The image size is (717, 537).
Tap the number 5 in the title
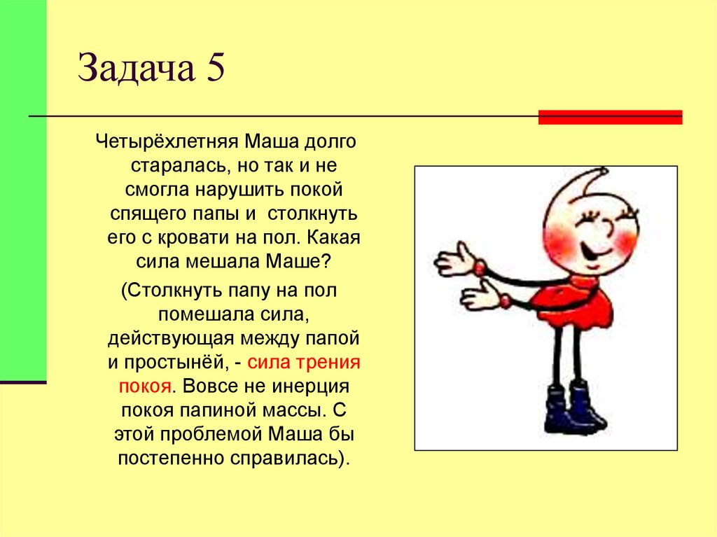[215, 71]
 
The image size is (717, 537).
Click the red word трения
[331, 363]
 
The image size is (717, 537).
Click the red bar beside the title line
[610, 117]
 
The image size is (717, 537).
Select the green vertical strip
[23, 189]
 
